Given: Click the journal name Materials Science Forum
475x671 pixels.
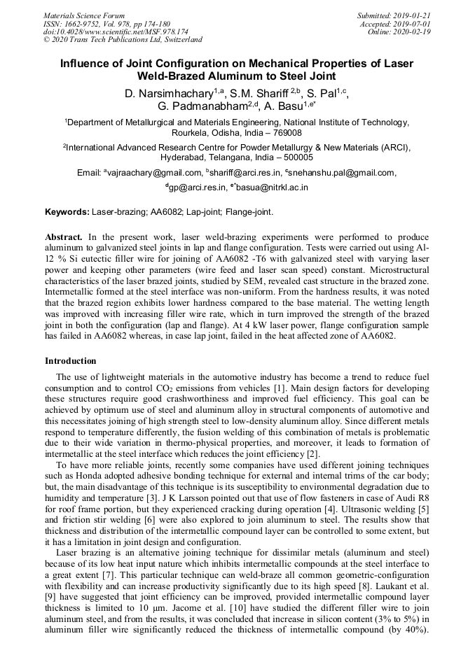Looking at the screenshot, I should (84, 15).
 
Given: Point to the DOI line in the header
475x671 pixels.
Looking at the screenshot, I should (116, 31).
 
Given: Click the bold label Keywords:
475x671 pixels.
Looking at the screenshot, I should (67, 212).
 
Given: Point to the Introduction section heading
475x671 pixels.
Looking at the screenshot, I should (71, 361).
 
